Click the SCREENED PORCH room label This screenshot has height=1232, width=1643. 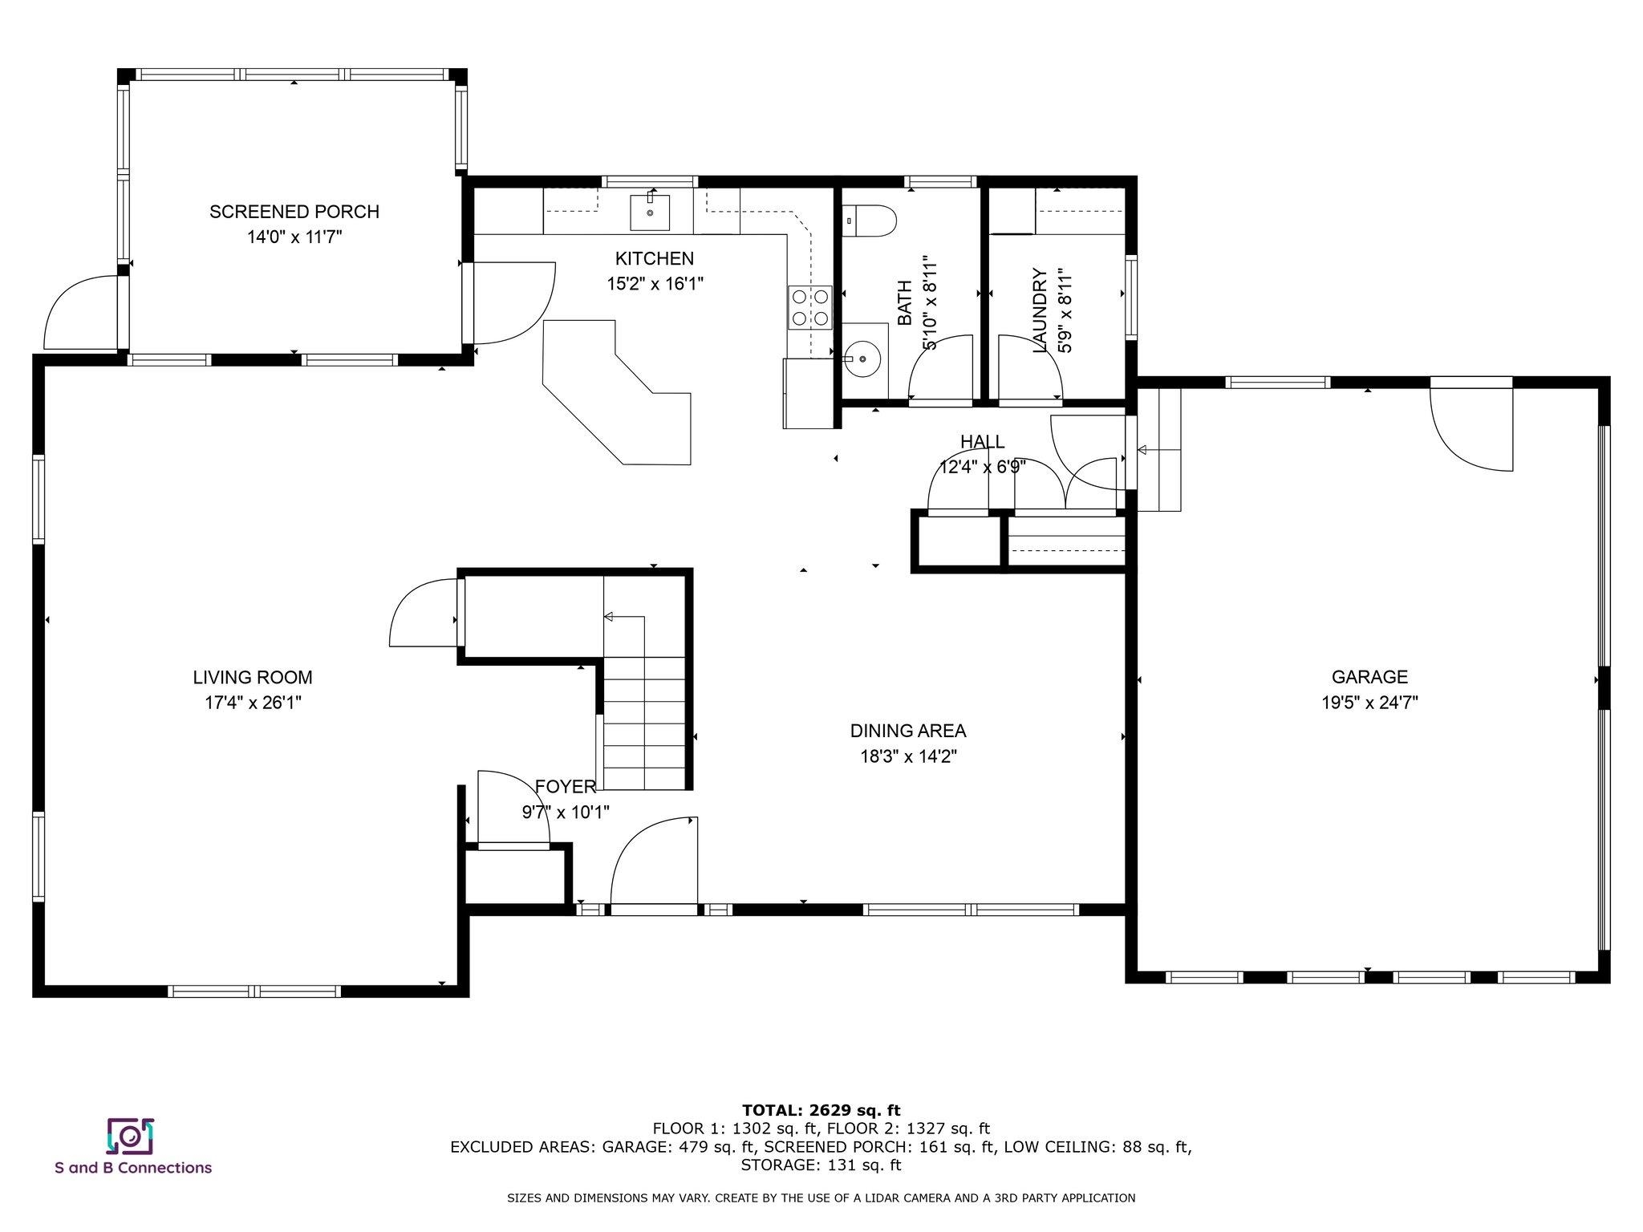tap(294, 212)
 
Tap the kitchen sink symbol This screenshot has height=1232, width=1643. tap(650, 212)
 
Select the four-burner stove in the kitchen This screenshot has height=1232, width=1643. tap(810, 308)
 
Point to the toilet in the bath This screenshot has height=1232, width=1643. tap(869, 221)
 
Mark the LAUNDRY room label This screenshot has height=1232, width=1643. tap(1041, 310)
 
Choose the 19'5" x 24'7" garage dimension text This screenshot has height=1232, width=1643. tap(1370, 703)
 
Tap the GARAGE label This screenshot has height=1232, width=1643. tap(1370, 677)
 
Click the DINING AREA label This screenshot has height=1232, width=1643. tap(908, 731)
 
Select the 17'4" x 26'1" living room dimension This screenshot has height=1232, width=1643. tap(253, 703)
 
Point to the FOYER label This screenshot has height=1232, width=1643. tap(566, 787)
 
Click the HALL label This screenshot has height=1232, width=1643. tap(983, 442)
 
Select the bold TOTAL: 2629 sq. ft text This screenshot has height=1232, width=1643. tap(821, 1110)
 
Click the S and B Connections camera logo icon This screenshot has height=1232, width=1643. tap(130, 1136)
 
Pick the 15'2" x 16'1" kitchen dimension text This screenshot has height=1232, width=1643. tap(655, 284)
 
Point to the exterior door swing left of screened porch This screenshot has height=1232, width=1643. tap(80, 313)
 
